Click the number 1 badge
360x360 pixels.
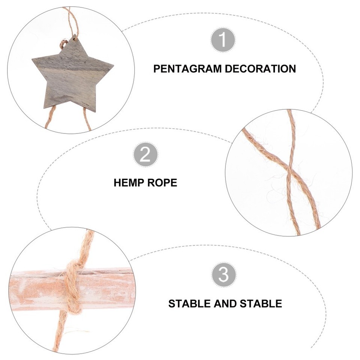[x=223, y=40]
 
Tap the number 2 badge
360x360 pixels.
[x=145, y=154]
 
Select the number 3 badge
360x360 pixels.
[x=223, y=275]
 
